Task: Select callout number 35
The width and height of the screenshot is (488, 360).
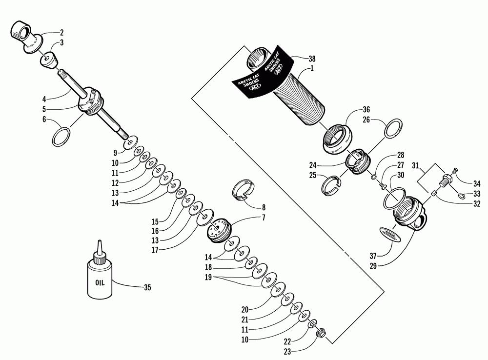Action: (x=146, y=287)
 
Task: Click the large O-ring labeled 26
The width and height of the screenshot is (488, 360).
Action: (x=393, y=129)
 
